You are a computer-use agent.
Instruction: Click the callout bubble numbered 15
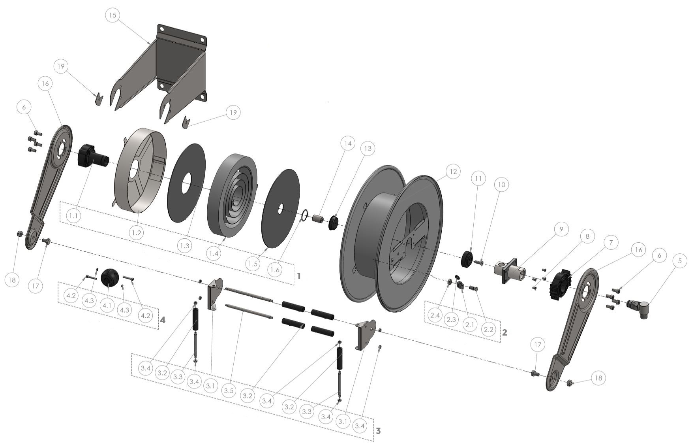click(x=113, y=15)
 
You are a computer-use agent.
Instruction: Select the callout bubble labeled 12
click(x=453, y=172)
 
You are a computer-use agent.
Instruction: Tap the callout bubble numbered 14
click(x=347, y=143)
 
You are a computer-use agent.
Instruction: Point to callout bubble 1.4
click(x=214, y=253)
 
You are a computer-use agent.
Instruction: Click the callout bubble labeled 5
click(x=679, y=261)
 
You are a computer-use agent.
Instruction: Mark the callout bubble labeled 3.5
click(x=229, y=390)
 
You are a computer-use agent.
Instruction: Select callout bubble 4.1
click(x=107, y=306)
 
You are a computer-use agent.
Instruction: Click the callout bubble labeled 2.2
click(x=489, y=330)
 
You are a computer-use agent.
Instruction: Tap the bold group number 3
click(x=378, y=430)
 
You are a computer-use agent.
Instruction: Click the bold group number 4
click(x=162, y=320)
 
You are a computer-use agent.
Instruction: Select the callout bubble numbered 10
click(x=501, y=185)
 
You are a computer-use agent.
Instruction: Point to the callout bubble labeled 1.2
click(x=136, y=232)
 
